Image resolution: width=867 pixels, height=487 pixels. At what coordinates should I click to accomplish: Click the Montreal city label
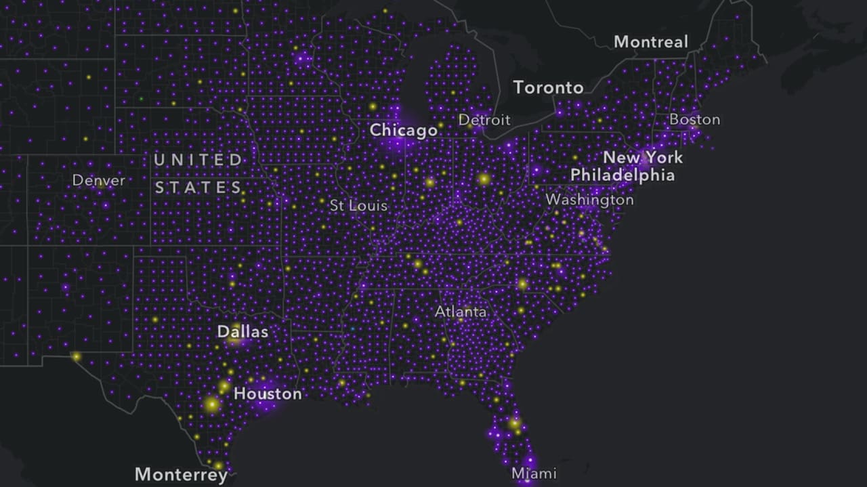pyautogui.click(x=650, y=42)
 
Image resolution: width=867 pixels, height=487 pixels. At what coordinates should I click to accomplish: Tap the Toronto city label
pyautogui.click(x=548, y=87)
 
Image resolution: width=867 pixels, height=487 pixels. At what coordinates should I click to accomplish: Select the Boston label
pyautogui.click(x=694, y=120)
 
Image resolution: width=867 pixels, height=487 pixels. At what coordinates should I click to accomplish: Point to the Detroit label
pyautogui.click(x=484, y=121)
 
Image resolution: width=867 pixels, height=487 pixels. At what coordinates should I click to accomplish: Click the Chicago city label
pyautogui.click(x=403, y=130)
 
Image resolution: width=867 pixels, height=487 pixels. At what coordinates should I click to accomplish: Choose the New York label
pyautogui.click(x=643, y=158)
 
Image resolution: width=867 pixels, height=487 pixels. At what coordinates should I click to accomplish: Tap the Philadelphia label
pyautogui.click(x=622, y=175)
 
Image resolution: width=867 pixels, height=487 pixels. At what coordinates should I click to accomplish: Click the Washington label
pyautogui.click(x=589, y=200)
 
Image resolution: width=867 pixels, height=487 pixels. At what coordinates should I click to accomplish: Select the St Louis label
pyautogui.click(x=358, y=205)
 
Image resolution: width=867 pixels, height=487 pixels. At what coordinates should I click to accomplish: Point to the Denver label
pyautogui.click(x=98, y=181)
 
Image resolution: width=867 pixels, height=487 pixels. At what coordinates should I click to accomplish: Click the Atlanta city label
pyautogui.click(x=461, y=312)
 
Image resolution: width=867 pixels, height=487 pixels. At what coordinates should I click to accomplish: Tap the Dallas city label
pyautogui.click(x=242, y=332)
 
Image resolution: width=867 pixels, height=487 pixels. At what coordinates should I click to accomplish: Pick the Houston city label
pyautogui.click(x=268, y=394)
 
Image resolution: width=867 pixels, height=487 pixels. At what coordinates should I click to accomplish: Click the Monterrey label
pyautogui.click(x=181, y=474)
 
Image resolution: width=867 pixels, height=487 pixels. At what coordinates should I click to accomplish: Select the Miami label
pyautogui.click(x=534, y=473)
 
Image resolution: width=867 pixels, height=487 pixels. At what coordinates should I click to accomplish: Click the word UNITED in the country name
pyautogui.click(x=198, y=161)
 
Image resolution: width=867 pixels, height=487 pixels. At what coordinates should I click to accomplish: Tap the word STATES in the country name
pyautogui.click(x=198, y=188)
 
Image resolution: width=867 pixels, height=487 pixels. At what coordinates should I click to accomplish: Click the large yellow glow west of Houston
pyautogui.click(x=212, y=404)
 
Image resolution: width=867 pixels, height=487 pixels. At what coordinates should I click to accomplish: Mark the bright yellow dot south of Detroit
pyautogui.click(x=484, y=179)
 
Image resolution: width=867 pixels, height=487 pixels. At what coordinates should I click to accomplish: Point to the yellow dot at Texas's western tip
pyautogui.click(x=76, y=356)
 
